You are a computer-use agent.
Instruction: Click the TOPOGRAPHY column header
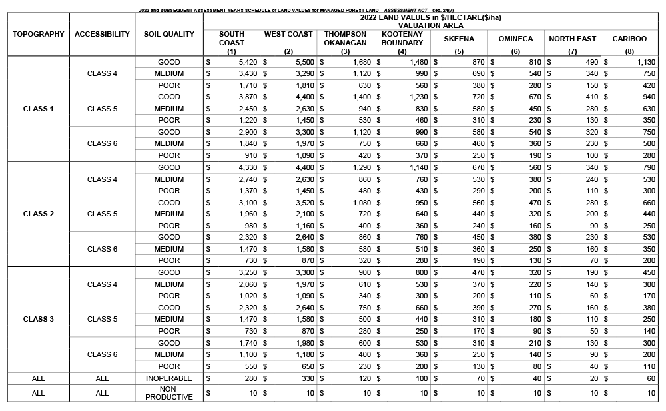point(39,34)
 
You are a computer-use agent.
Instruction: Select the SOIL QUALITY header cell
point(169,34)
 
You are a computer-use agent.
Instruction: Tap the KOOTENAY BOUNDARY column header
point(402,38)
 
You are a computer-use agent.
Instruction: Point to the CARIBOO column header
point(629,39)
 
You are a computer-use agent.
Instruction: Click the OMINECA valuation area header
point(515,39)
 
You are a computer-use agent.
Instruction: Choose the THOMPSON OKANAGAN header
point(345,38)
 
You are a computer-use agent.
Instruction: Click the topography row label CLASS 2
point(39,214)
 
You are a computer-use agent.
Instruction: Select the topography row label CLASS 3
point(39,319)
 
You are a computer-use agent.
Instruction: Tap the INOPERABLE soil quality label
point(169,378)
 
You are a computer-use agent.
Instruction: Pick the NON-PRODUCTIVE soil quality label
point(169,393)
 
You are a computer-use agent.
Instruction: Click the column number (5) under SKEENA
point(459,51)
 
